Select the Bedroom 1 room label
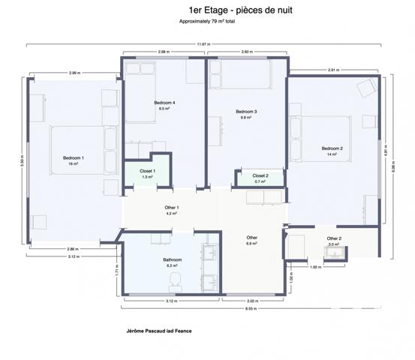pos(73,158)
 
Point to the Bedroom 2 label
pos(332,148)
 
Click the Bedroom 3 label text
pos(247,112)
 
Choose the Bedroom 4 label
pos(164,103)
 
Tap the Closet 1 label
pos(147,171)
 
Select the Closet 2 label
pos(260,175)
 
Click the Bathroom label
pos(173,260)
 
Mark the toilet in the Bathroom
pos(176,280)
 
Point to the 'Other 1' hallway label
pos(171,207)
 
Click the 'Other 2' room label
pos(334,238)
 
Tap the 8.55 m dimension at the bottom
pos(250,308)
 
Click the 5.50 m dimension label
pos(22,161)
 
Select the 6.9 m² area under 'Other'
pos(251,244)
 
